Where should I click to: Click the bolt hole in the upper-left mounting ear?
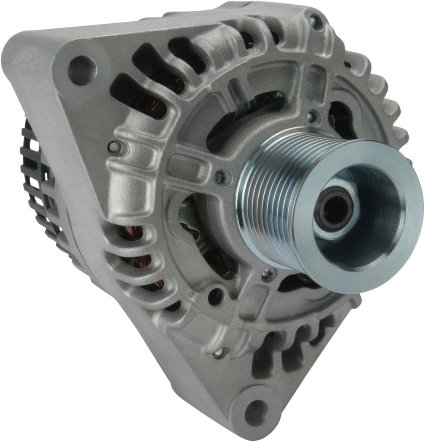[x=82, y=70]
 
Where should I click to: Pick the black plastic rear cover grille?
[x=37, y=181]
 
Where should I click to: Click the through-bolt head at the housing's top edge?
[x=314, y=20]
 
